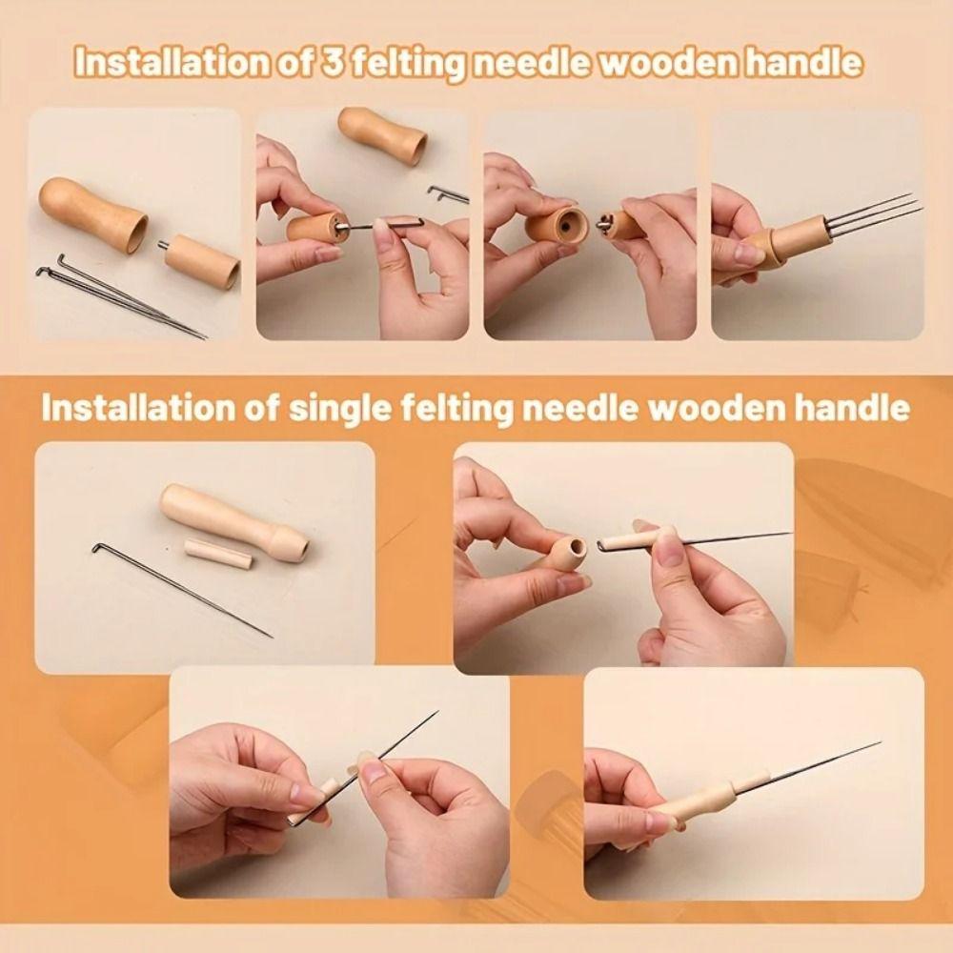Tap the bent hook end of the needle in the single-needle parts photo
98,549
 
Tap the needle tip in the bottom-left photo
436,712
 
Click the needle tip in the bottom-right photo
877,744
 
